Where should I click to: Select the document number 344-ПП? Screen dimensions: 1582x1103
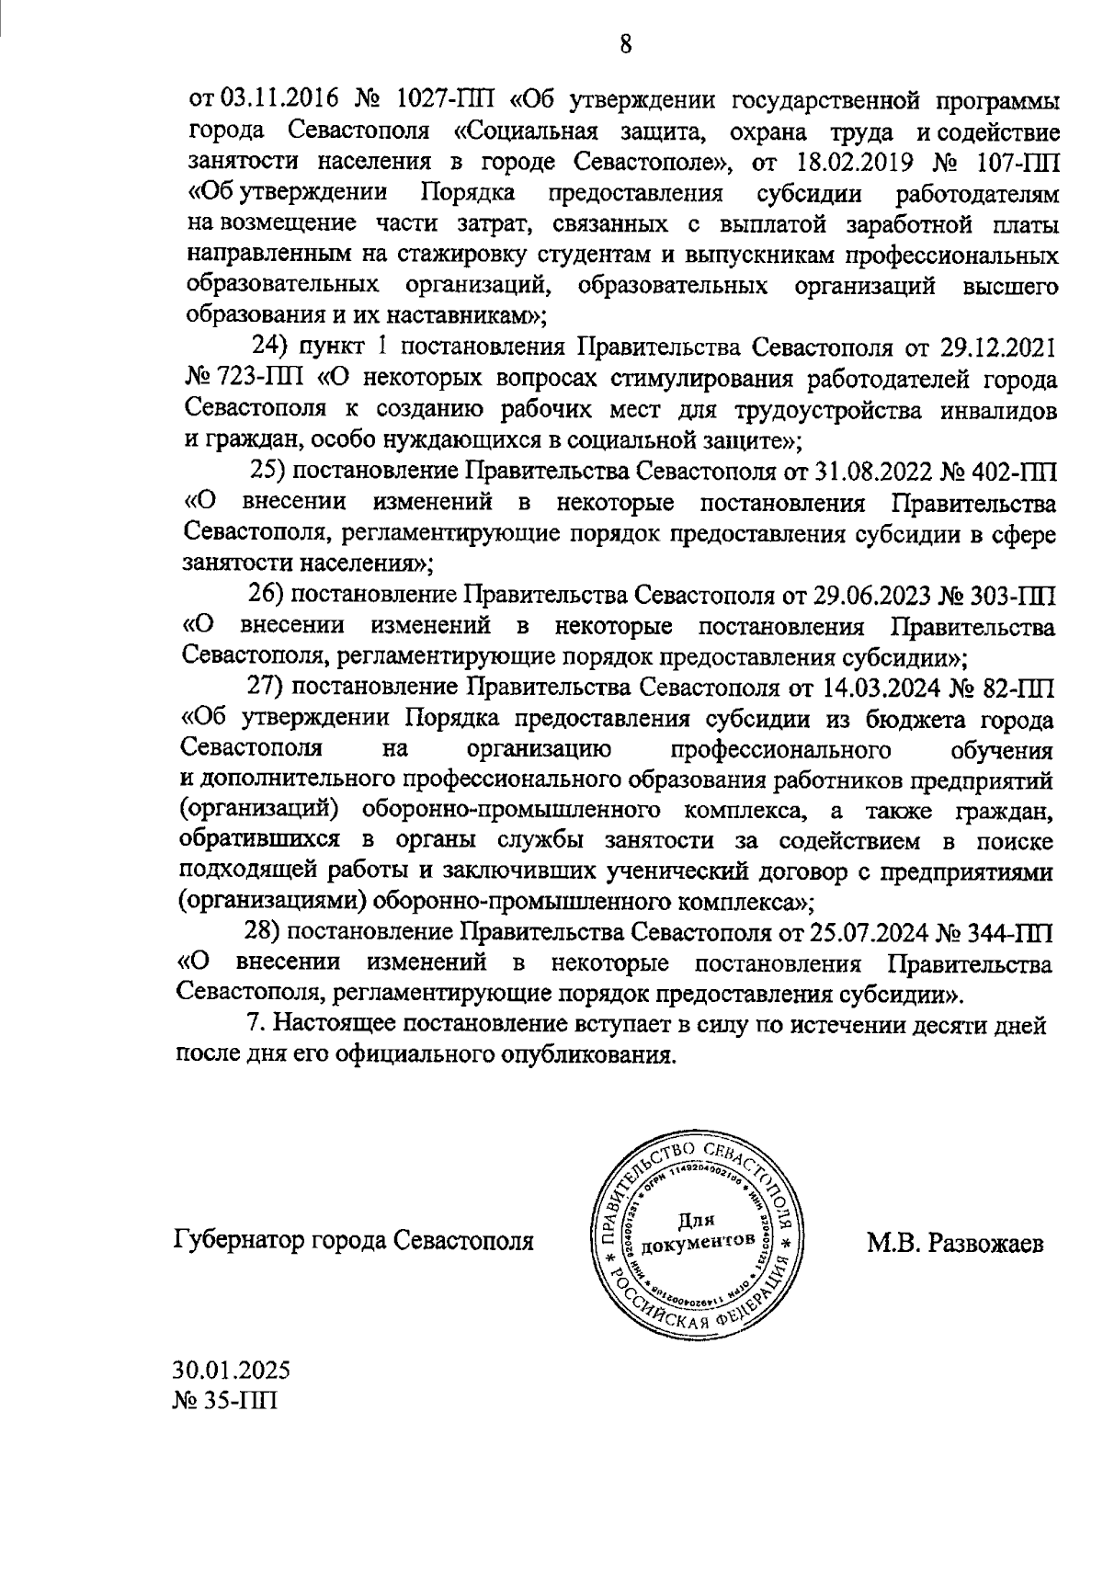point(1006,931)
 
